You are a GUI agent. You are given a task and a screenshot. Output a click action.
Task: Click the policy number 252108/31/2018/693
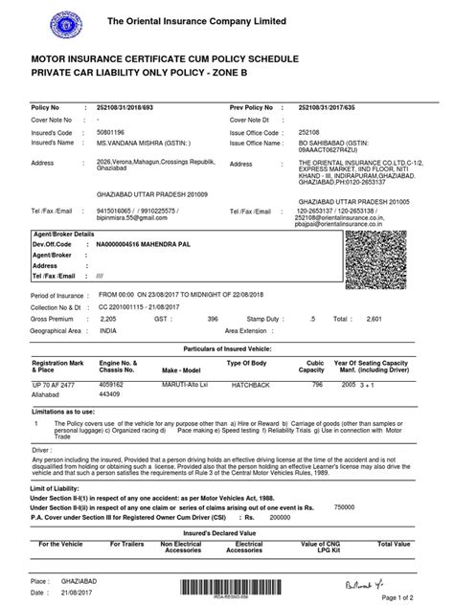pos(126,109)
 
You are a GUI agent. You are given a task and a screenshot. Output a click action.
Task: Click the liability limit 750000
pos(370,480)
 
